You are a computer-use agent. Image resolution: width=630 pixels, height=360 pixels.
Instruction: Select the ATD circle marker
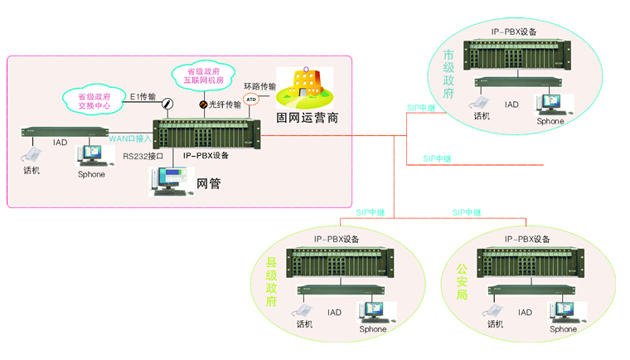[250, 100]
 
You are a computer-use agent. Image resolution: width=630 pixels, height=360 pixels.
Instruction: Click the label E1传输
[143, 97]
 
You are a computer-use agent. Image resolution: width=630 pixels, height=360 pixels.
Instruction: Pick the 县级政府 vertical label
[271, 282]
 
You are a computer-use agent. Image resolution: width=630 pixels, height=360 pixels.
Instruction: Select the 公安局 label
[463, 282]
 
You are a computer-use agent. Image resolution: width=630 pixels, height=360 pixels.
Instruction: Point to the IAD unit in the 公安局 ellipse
[528, 291]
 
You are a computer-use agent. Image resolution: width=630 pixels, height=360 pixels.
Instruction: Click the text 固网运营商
[307, 118]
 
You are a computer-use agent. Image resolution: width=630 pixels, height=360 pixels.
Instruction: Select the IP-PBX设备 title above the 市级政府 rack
[513, 32]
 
